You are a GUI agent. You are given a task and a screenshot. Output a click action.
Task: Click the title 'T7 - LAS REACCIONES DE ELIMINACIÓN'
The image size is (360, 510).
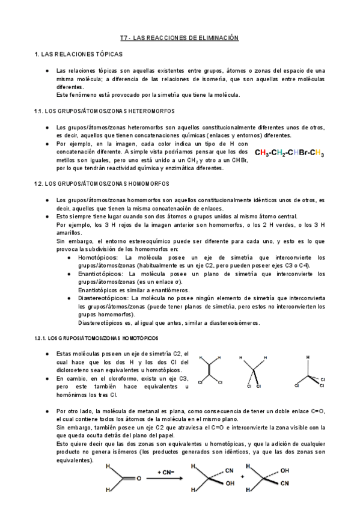pos(179,38)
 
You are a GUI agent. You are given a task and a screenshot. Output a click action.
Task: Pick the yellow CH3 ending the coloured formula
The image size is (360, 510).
pos(318,153)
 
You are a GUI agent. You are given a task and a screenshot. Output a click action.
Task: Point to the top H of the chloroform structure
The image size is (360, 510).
pos(309,357)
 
